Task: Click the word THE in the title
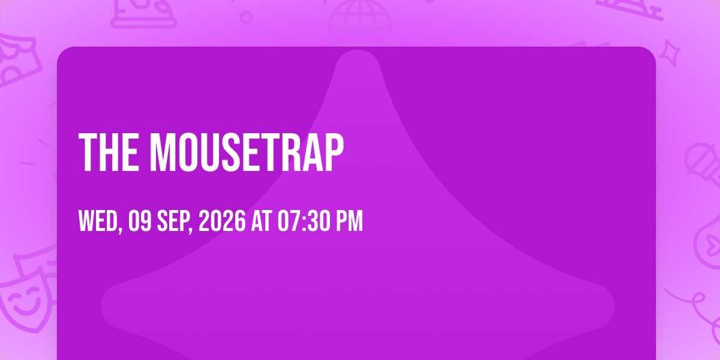[109, 152]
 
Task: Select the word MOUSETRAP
[247, 152]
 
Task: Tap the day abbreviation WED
[98, 221]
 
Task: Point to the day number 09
[140, 221]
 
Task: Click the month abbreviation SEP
[173, 221]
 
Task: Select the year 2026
[222, 221]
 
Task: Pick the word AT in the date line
[262, 221]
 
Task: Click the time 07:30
[304, 221]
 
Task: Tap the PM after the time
[349, 221]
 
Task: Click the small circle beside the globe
[246, 17]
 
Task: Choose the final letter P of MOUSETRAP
[334, 152]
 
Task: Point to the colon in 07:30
[305, 221]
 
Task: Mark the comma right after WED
[120, 229]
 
